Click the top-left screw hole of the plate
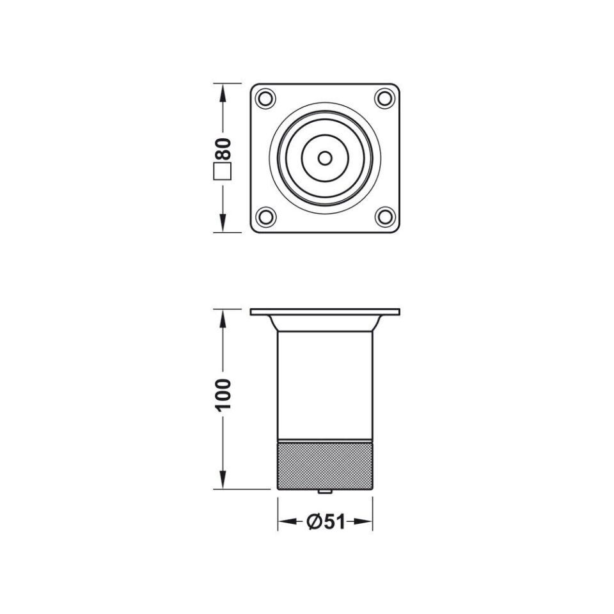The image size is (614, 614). point(265,98)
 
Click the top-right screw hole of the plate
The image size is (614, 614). point(385,98)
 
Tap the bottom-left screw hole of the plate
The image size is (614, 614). point(265,217)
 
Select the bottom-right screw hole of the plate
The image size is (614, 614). point(385,217)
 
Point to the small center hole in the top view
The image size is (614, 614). point(325,158)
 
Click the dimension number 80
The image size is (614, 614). point(224,148)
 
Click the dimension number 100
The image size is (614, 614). point(224,395)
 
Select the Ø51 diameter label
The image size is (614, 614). point(326,522)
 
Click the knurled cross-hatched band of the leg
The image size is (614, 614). point(325,466)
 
